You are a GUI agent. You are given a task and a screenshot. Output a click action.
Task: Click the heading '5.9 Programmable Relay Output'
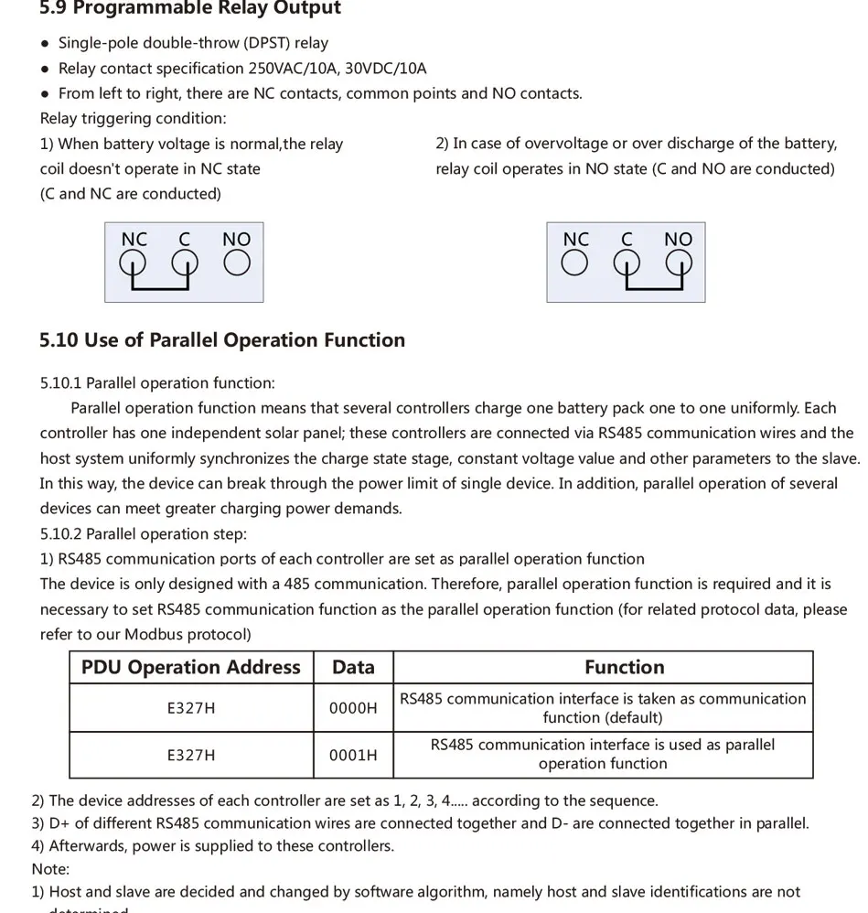[190, 9]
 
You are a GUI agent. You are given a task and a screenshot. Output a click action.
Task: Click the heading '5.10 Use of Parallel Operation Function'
[222, 340]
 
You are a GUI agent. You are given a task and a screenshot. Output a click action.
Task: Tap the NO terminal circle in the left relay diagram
[237, 263]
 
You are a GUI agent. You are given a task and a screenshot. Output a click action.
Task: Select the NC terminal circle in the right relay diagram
[574, 263]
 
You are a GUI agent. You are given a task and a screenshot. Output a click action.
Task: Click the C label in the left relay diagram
[185, 240]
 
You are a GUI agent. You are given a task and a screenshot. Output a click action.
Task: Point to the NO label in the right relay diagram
[678, 240]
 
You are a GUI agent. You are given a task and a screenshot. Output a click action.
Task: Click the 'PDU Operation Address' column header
[191, 668]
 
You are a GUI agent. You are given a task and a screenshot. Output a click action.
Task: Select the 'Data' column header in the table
[353, 668]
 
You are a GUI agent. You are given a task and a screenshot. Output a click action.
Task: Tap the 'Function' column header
[625, 668]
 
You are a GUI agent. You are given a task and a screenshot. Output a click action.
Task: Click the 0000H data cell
[353, 708]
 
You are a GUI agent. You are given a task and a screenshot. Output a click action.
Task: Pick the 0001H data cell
[353, 756]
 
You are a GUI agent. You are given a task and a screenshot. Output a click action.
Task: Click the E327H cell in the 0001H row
[191, 756]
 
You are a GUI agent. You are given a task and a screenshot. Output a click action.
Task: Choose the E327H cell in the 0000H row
[191, 708]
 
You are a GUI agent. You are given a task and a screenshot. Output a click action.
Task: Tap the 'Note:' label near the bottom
[50, 869]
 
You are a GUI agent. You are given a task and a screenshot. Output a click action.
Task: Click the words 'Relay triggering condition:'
[134, 118]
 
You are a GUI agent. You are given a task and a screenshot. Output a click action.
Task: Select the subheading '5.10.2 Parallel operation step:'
[144, 534]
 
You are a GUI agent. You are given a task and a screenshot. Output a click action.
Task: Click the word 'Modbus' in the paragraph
[152, 635]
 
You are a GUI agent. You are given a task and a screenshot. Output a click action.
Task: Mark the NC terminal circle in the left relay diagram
[134, 263]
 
